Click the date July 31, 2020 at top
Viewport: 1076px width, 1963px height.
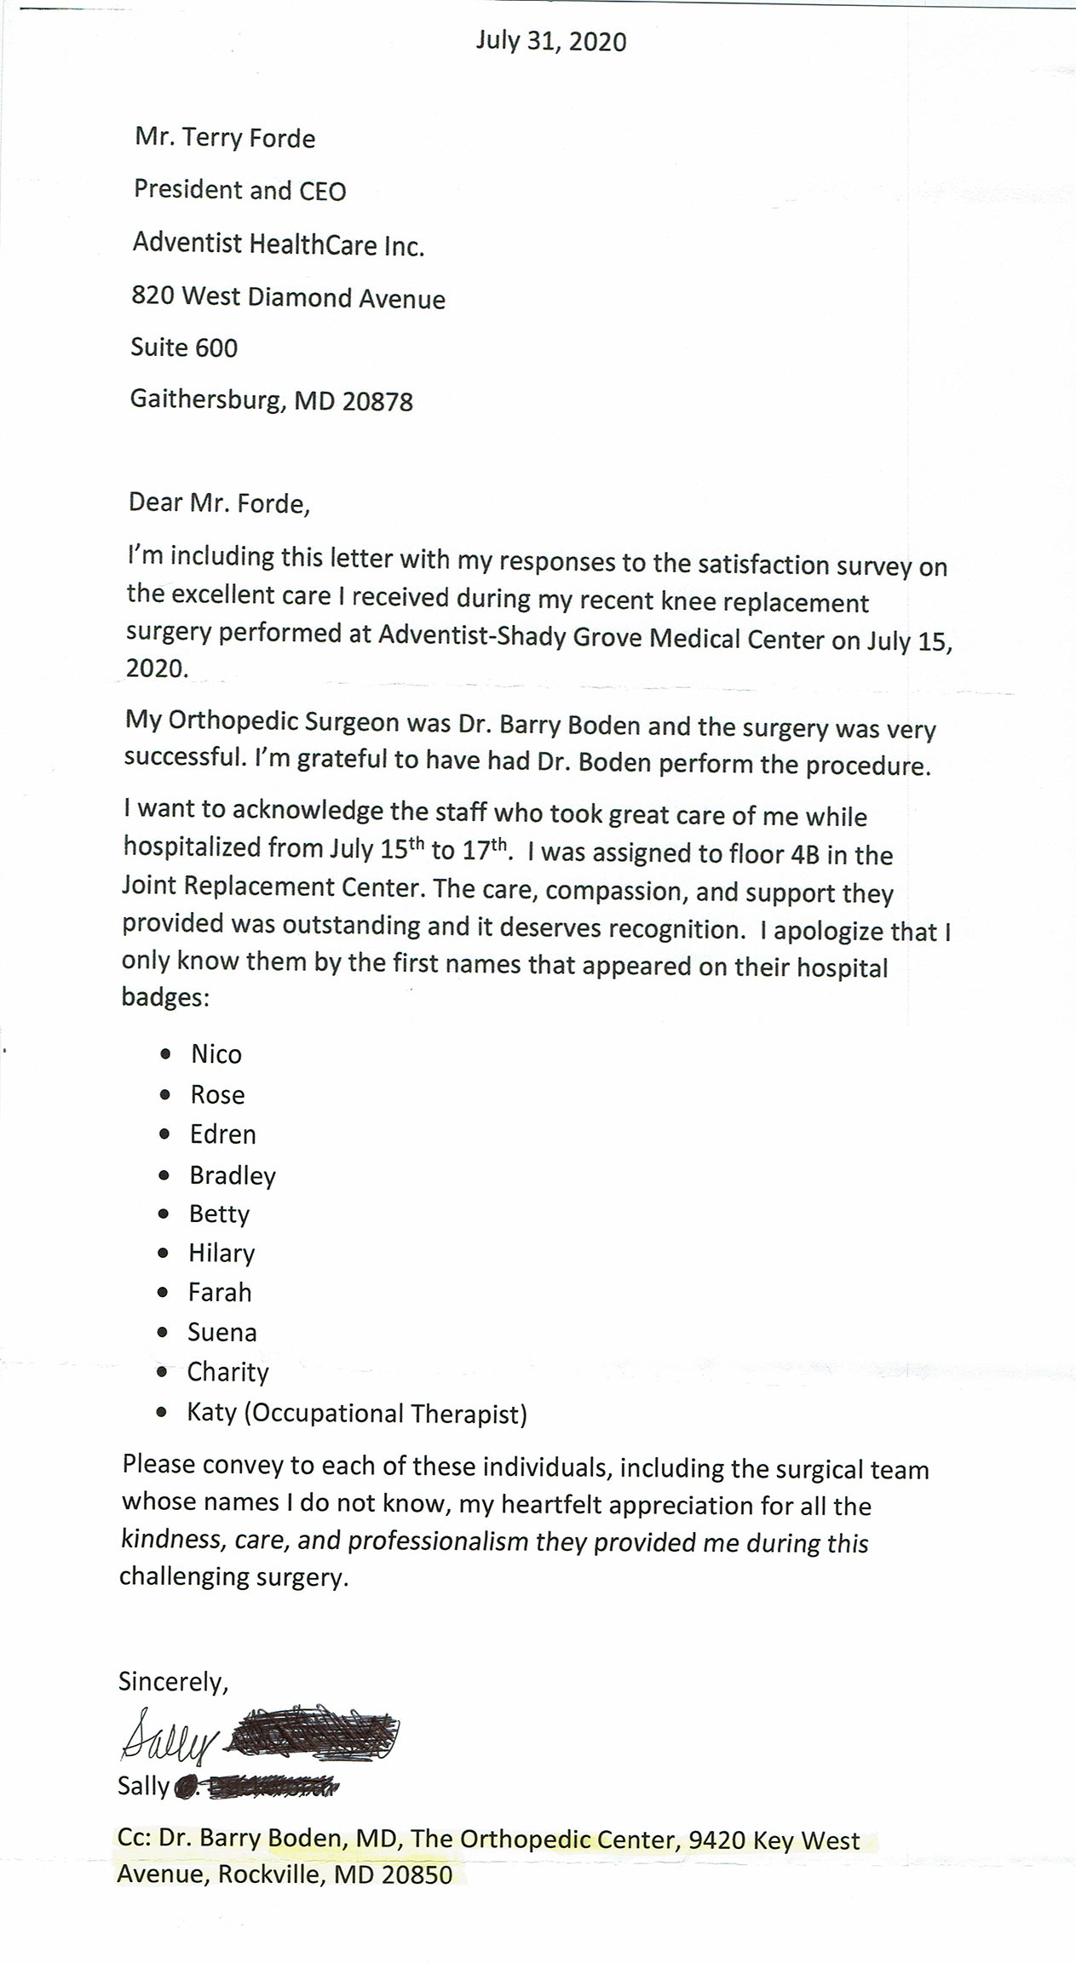click(550, 42)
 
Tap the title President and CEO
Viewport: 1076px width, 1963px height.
click(239, 190)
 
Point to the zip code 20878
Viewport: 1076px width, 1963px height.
click(377, 401)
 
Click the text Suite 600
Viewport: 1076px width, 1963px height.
click(184, 347)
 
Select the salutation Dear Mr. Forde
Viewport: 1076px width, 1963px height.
click(219, 502)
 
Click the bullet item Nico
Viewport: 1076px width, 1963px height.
click(216, 1054)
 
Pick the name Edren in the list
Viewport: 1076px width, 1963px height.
click(222, 1134)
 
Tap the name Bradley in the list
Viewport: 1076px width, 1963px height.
click(233, 1175)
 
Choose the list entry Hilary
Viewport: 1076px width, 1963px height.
click(222, 1253)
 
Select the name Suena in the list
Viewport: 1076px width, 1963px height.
click(222, 1332)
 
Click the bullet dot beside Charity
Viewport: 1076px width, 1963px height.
click(163, 1373)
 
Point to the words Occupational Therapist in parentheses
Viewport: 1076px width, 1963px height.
click(385, 1415)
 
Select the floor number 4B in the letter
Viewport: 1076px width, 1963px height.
click(804, 855)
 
